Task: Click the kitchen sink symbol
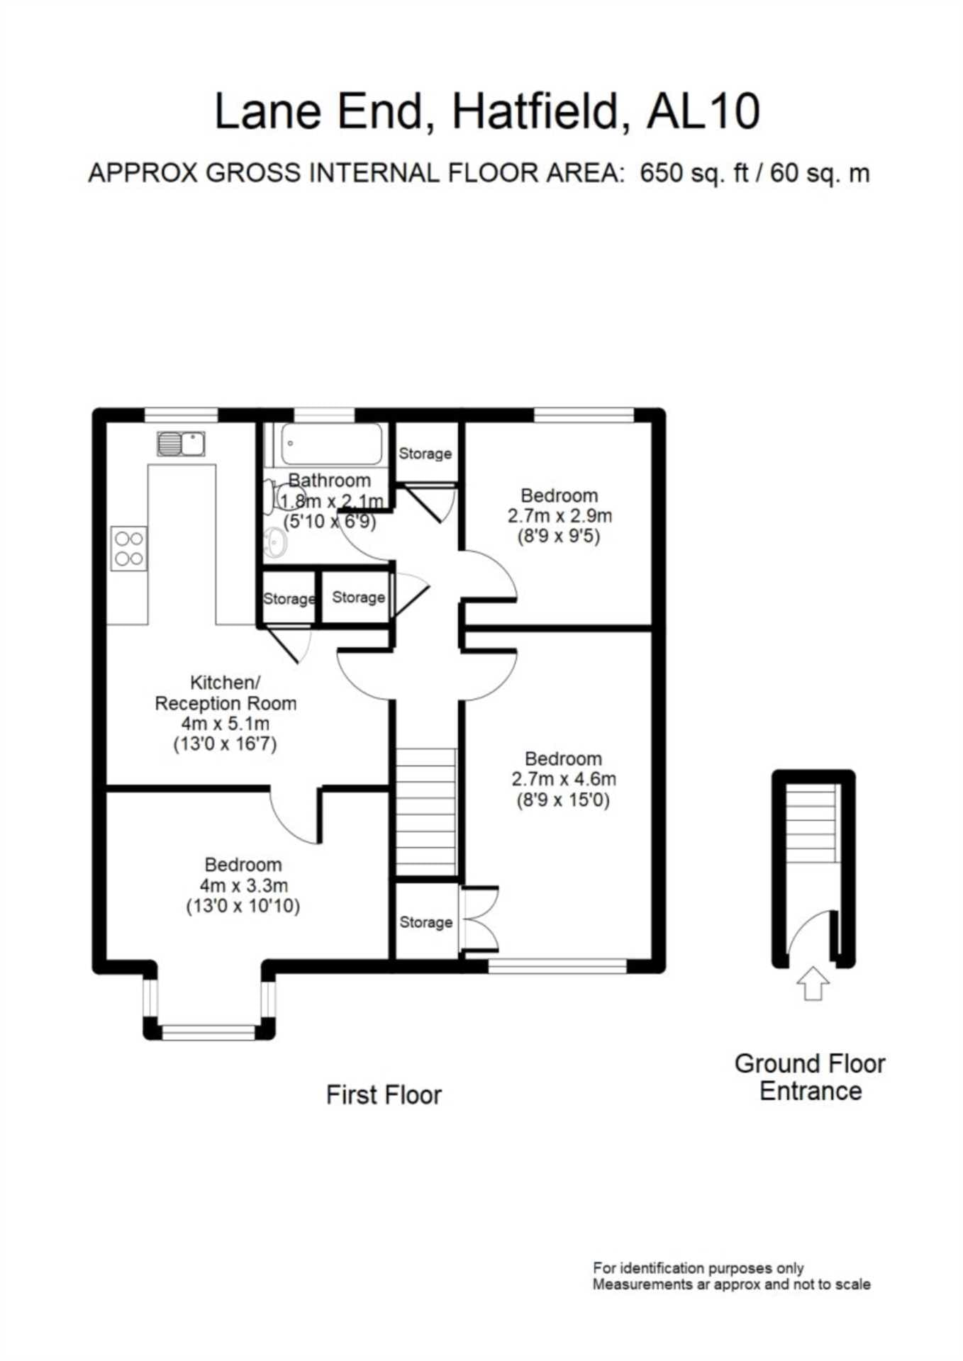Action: point(181,444)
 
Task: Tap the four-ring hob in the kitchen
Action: point(129,549)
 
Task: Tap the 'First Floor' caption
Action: point(384,1095)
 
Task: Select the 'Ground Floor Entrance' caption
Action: point(810,1077)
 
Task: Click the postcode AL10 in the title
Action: point(703,111)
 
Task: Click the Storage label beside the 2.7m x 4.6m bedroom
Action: point(425,922)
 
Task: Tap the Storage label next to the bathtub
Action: point(425,454)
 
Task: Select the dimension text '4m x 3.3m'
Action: point(243,885)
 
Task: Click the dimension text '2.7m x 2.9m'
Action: point(560,516)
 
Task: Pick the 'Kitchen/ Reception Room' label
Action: point(226,693)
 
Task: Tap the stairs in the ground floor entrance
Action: point(813,823)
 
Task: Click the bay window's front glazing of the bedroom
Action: point(208,1032)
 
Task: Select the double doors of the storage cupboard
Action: point(479,919)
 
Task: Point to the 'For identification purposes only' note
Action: point(698,1268)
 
